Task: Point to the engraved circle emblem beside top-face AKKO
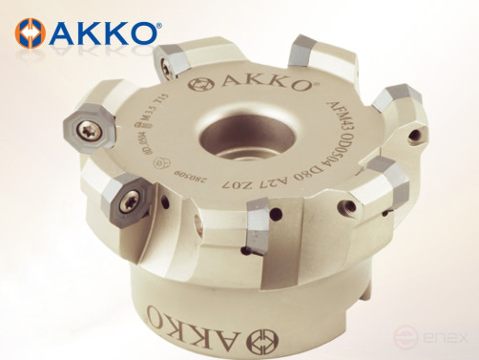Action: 204,83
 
